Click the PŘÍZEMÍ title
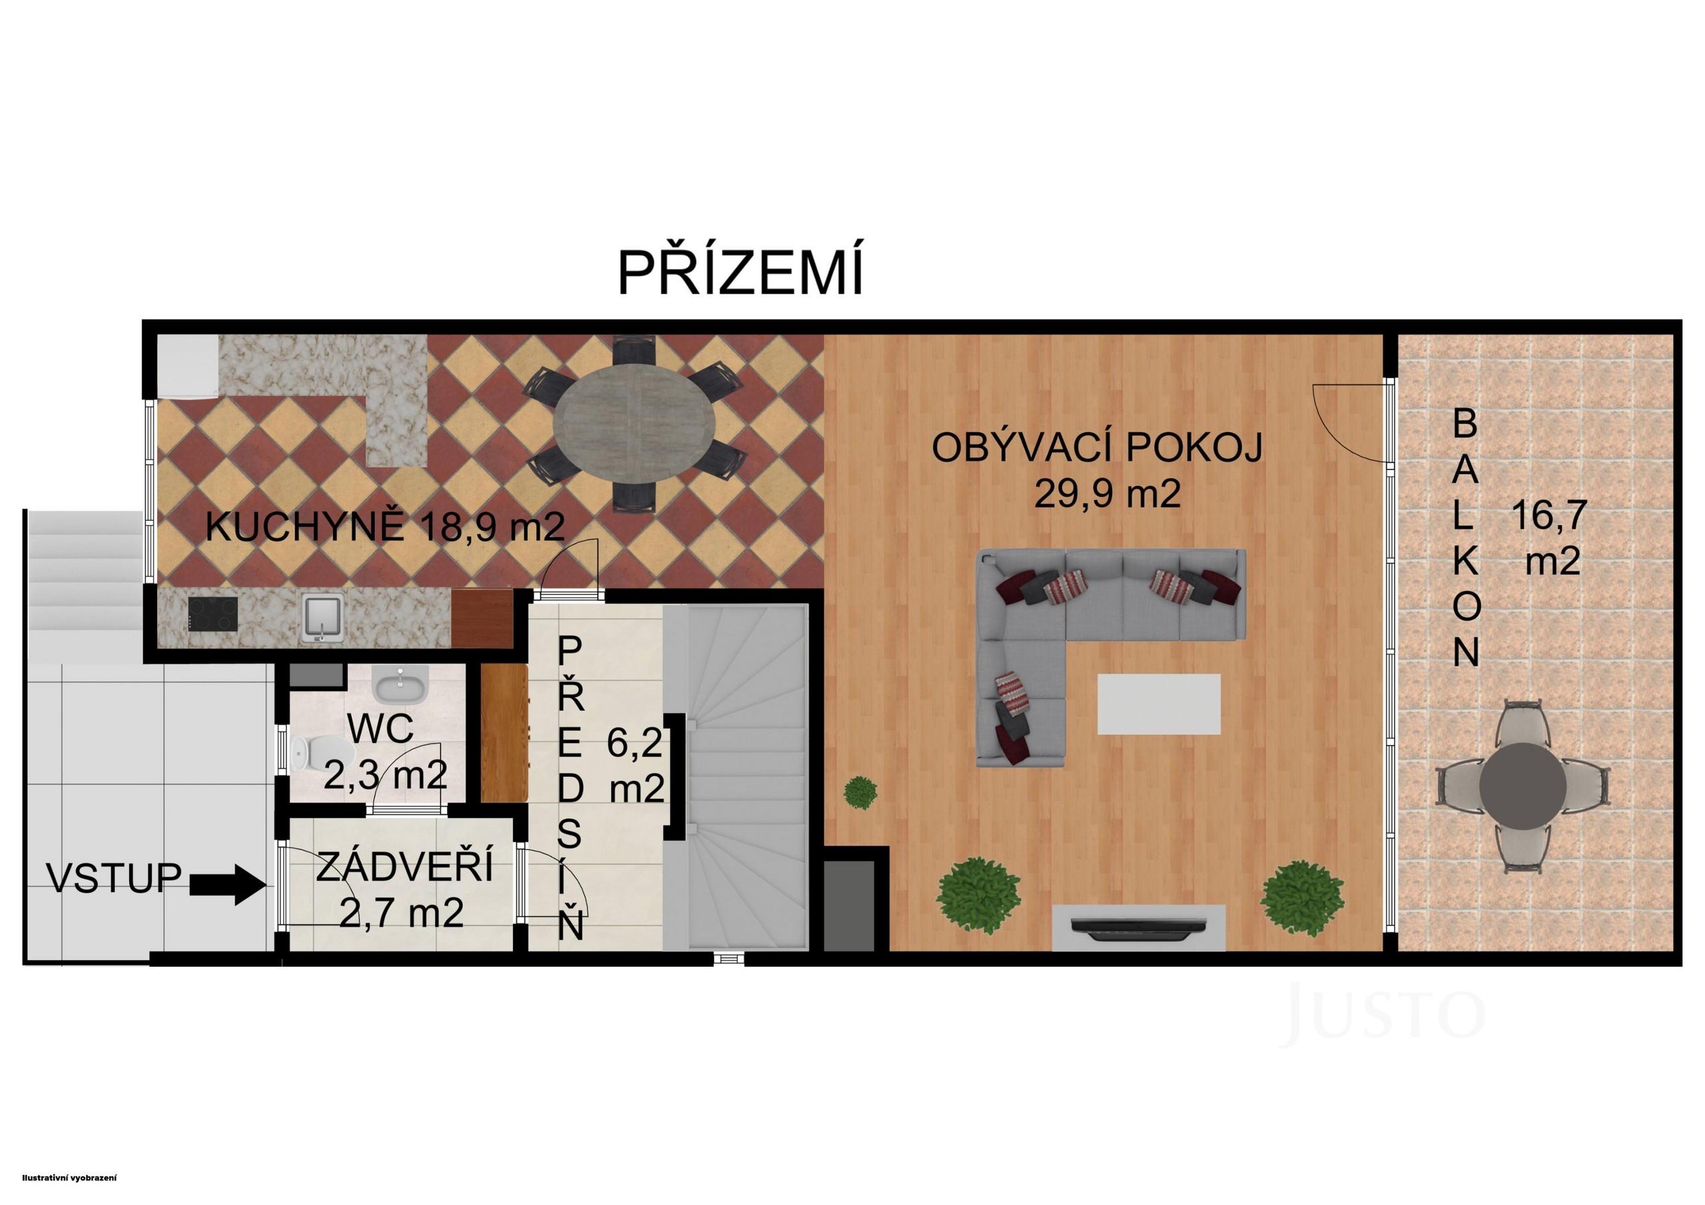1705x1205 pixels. click(741, 273)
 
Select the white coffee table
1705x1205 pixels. click(1158, 704)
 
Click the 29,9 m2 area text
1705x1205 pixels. click(1107, 493)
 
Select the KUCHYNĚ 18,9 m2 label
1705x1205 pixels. click(385, 529)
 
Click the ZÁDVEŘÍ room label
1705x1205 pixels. click(404, 867)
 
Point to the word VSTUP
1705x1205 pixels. click(115, 877)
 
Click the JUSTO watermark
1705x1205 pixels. click(1384, 1013)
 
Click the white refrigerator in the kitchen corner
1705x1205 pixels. click(186, 367)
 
